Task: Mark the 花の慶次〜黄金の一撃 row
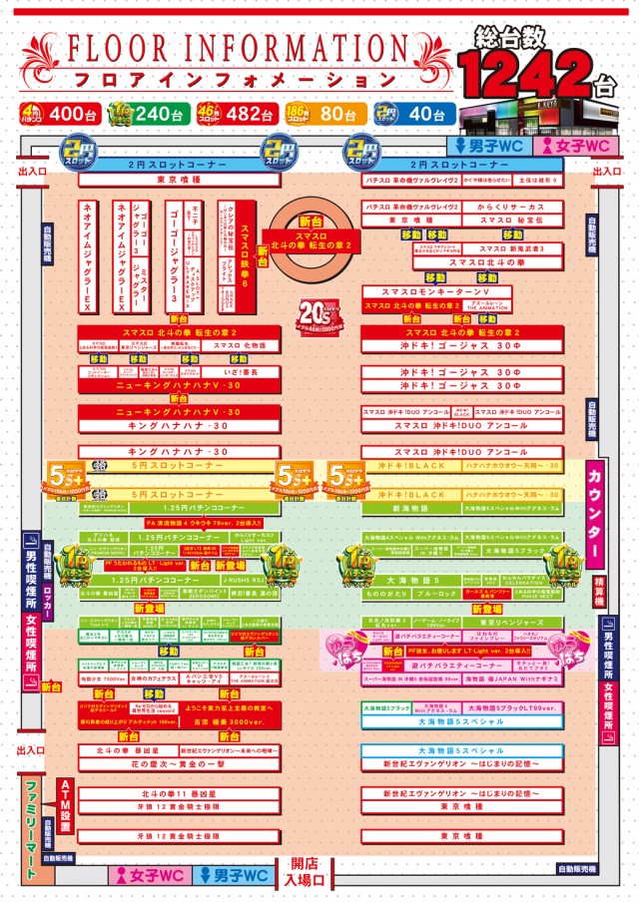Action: click(x=180, y=763)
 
